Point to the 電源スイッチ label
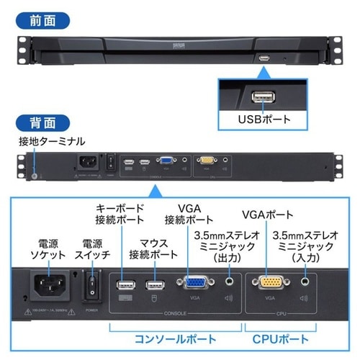(x=92, y=249)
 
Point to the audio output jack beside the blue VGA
(x=230, y=282)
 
